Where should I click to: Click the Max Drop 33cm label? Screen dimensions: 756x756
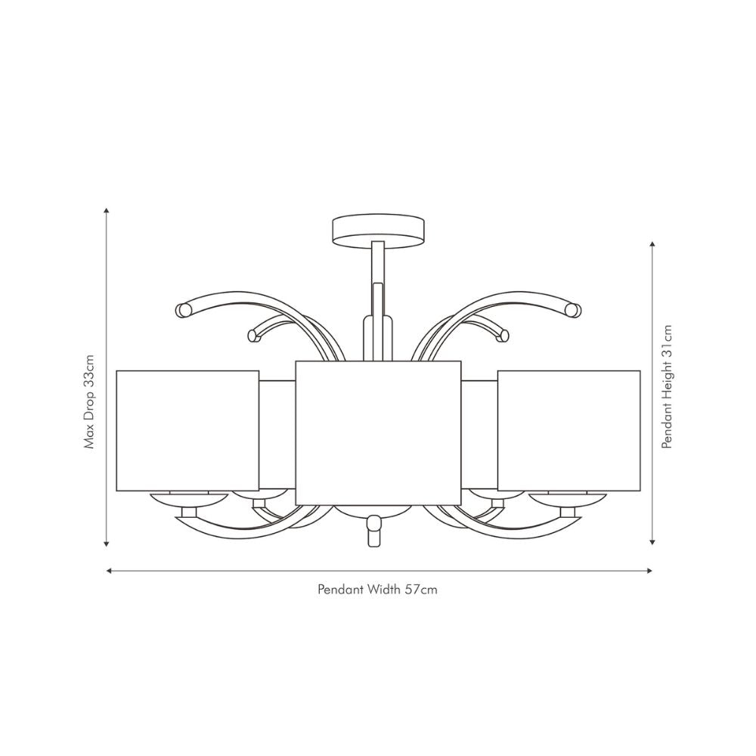point(89,401)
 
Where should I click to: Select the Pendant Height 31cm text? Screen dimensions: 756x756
point(666,387)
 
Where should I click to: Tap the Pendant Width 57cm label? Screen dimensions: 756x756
point(377,590)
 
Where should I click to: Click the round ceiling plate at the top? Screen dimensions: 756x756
point(378,231)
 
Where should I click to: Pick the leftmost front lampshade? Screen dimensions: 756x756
point(187,430)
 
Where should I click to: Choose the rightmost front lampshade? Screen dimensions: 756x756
point(569,430)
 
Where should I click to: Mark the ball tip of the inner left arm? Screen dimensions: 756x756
point(253,335)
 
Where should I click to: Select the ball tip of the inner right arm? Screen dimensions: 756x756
point(501,335)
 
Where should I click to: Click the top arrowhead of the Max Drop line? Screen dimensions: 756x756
point(107,212)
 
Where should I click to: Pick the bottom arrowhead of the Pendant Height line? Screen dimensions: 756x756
point(652,541)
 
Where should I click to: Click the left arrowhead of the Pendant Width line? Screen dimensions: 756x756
point(110,571)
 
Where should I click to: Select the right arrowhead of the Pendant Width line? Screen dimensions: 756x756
point(648,571)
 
